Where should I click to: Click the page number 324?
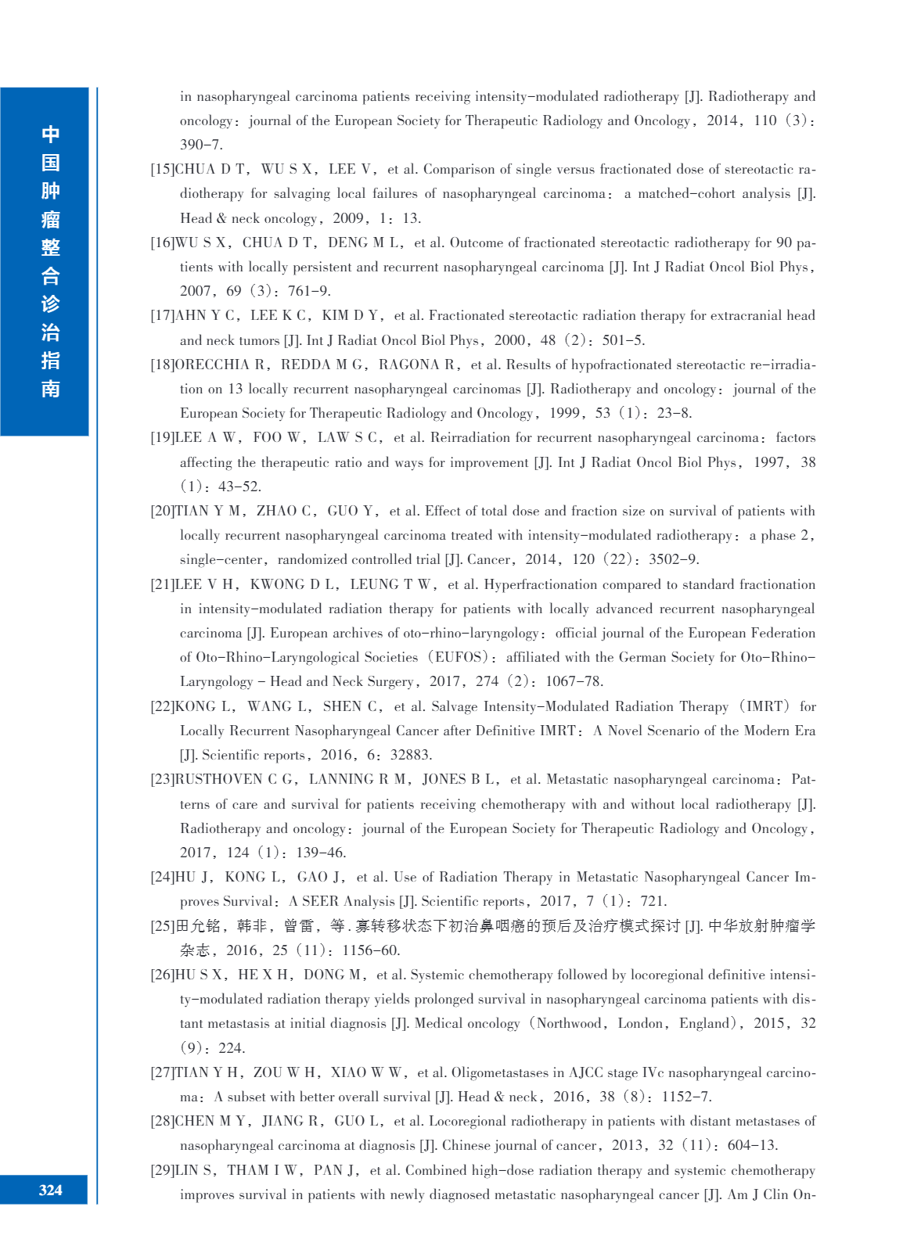pos(50,1190)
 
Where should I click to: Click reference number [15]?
pos(163,170)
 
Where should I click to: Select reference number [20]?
pos(163,512)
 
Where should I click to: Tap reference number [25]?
pos(163,926)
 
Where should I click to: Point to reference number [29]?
pos(163,1171)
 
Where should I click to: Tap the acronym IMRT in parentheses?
pos(764,707)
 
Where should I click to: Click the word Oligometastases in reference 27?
pos(505,1073)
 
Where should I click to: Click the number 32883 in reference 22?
pos(411,756)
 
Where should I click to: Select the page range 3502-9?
pos(674,560)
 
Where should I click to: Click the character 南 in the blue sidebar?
pos(51,389)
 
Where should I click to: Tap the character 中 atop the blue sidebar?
pos(51,135)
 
